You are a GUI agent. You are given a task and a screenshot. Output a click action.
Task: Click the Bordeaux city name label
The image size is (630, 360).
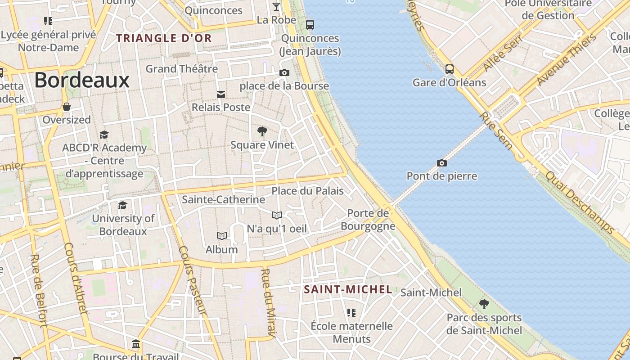coord(82,81)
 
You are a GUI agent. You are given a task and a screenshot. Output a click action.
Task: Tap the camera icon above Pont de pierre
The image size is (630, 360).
coord(442,163)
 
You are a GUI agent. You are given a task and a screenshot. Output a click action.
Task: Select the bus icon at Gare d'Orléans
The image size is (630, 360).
coord(449,69)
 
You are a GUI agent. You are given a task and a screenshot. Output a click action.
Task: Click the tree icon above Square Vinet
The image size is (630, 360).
coord(262,131)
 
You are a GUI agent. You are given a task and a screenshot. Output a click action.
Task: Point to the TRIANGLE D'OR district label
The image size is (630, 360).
coord(164,38)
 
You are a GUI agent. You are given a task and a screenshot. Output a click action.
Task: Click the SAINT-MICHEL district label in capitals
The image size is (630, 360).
coord(348,289)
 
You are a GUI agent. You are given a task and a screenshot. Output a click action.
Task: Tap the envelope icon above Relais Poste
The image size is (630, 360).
coord(221,94)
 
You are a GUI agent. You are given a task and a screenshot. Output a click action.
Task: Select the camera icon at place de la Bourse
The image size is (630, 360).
coord(284,72)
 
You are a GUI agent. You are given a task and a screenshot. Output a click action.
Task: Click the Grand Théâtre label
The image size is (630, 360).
coord(181,69)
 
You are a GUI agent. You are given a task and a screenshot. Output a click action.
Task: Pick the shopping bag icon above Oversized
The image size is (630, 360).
coord(67,107)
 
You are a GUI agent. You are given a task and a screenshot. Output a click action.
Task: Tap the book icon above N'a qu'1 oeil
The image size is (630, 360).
coord(277,215)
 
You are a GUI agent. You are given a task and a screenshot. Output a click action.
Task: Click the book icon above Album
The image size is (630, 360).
coord(222,236)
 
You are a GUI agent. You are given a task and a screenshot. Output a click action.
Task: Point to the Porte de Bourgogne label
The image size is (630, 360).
coord(368,219)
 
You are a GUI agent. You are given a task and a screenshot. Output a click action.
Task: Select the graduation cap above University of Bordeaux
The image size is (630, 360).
coord(122,205)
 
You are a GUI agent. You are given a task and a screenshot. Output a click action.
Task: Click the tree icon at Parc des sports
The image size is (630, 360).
coord(484,304)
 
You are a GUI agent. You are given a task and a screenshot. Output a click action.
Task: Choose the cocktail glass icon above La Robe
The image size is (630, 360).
coord(276,6)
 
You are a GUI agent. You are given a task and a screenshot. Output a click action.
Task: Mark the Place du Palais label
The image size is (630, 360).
coord(307,191)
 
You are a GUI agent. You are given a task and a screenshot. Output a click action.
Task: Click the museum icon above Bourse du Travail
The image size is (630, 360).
coord(136,344)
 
